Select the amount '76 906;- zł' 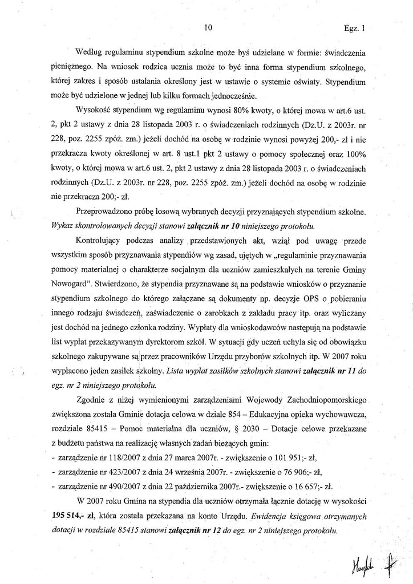[x=301, y=474]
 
